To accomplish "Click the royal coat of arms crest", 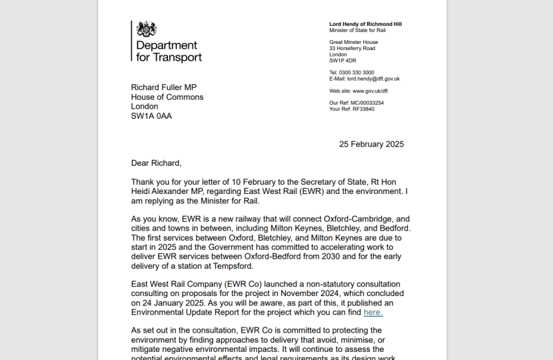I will coord(147,29).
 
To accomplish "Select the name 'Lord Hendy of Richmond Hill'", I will coord(365,24).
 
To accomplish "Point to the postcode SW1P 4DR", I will coord(342,61).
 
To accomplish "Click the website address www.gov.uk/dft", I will coord(370,91).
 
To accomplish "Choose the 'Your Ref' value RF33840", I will coord(363,109).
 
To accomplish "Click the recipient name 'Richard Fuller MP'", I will coord(164,87).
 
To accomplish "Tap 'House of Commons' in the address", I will coord(167,97).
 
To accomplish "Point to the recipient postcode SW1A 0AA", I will coord(151,116).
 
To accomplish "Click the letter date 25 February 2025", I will coord(371,144).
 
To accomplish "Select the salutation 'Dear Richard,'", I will coord(156,163).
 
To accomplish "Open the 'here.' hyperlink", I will coord(373,312).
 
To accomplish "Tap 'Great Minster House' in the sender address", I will coord(353,43).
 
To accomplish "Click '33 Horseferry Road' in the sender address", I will coord(352,49).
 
